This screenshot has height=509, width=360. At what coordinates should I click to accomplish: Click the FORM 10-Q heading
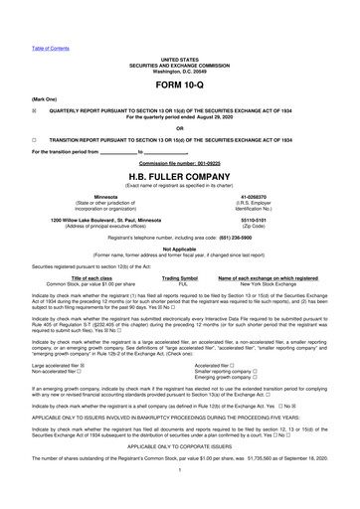click(x=179, y=62)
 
